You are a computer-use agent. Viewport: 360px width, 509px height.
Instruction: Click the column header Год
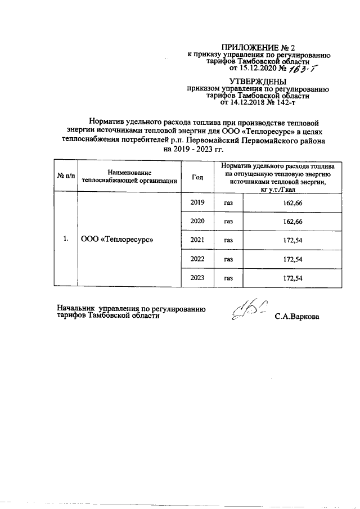[x=197, y=177]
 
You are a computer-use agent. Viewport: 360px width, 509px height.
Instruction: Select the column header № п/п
[x=65, y=177]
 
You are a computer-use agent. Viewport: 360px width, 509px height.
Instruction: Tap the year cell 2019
[x=197, y=202]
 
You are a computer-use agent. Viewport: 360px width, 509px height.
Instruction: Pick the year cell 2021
[x=197, y=240]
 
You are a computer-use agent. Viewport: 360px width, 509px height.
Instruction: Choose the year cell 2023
[x=197, y=278]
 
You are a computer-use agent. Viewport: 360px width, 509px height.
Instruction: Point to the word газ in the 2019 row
[x=228, y=203]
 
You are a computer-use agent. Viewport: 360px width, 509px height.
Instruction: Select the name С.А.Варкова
[x=296, y=317]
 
